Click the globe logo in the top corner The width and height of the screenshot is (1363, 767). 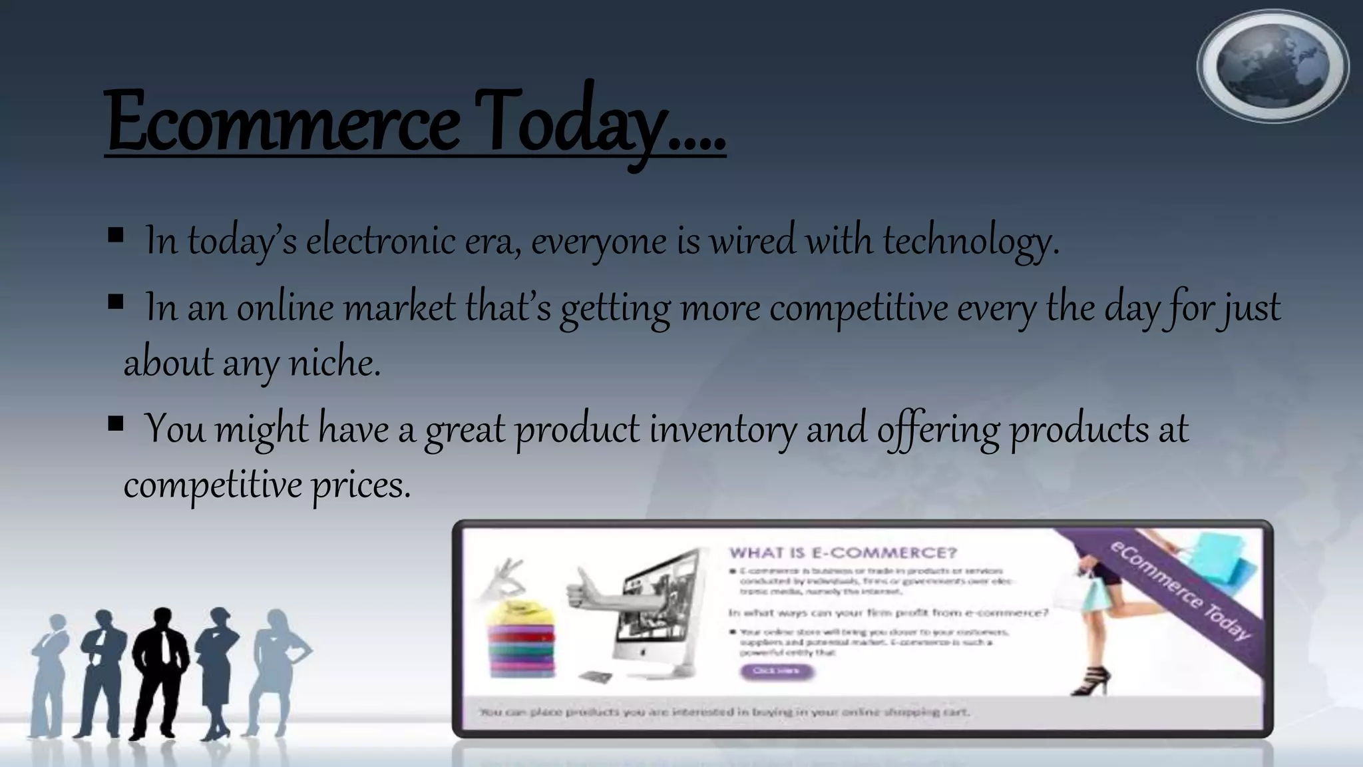click(x=1272, y=67)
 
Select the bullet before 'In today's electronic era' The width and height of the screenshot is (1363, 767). click(x=115, y=235)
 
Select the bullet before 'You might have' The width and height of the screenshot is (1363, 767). click(x=115, y=423)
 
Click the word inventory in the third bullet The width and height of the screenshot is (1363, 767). click(x=722, y=429)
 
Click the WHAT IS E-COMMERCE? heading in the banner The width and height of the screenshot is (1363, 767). click(x=843, y=553)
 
